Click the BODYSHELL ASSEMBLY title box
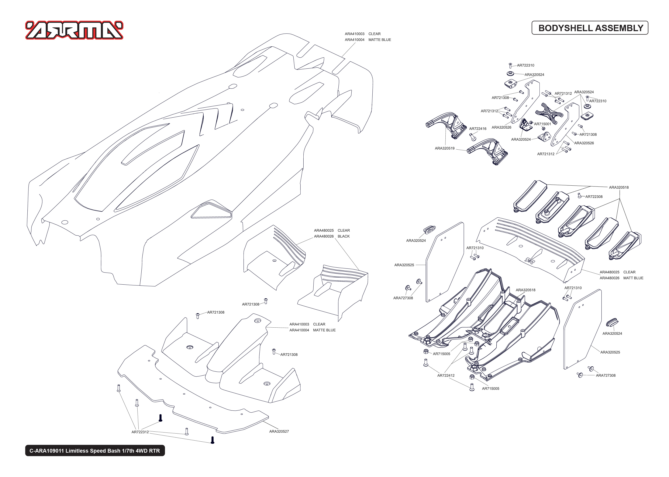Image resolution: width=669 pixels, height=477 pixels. click(x=590, y=28)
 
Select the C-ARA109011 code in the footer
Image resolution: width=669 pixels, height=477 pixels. click(x=46, y=451)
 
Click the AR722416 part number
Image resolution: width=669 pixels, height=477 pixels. click(x=477, y=129)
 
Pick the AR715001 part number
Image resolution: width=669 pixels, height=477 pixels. click(x=542, y=124)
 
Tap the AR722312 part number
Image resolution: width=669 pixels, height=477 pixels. click(x=140, y=432)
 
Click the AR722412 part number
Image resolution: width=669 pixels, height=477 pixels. click(x=445, y=375)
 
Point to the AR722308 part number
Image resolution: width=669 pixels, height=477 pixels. click(x=594, y=197)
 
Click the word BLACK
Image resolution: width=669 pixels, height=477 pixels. click(x=343, y=236)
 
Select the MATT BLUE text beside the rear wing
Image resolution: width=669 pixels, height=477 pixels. click(x=633, y=278)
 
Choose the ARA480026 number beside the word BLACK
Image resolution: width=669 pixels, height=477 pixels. click(x=324, y=236)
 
